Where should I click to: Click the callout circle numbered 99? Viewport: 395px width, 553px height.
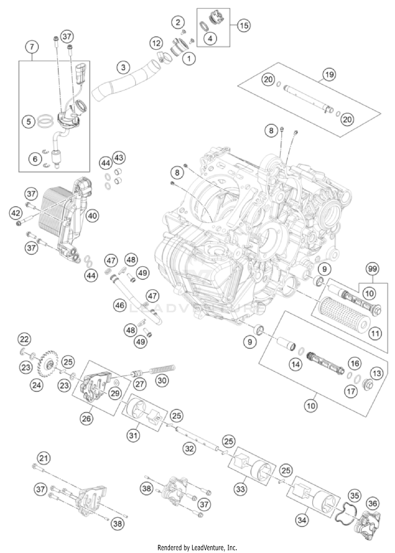(372, 269)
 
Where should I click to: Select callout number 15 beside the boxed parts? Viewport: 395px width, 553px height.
(244, 26)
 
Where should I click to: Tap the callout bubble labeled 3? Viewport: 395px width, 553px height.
(124, 67)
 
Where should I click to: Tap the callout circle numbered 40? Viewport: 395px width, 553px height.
(92, 216)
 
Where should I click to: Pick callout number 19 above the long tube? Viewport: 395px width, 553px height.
(329, 75)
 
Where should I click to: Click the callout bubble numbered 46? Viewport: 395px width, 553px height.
(120, 305)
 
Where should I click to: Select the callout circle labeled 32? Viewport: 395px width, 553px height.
(189, 448)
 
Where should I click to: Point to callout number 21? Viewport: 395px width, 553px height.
(44, 458)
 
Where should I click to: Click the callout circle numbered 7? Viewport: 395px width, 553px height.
(32, 47)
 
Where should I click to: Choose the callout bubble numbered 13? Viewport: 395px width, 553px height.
(377, 373)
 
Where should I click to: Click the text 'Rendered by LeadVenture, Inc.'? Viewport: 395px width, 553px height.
(197, 548)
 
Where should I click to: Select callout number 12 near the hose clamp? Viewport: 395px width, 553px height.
(156, 43)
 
